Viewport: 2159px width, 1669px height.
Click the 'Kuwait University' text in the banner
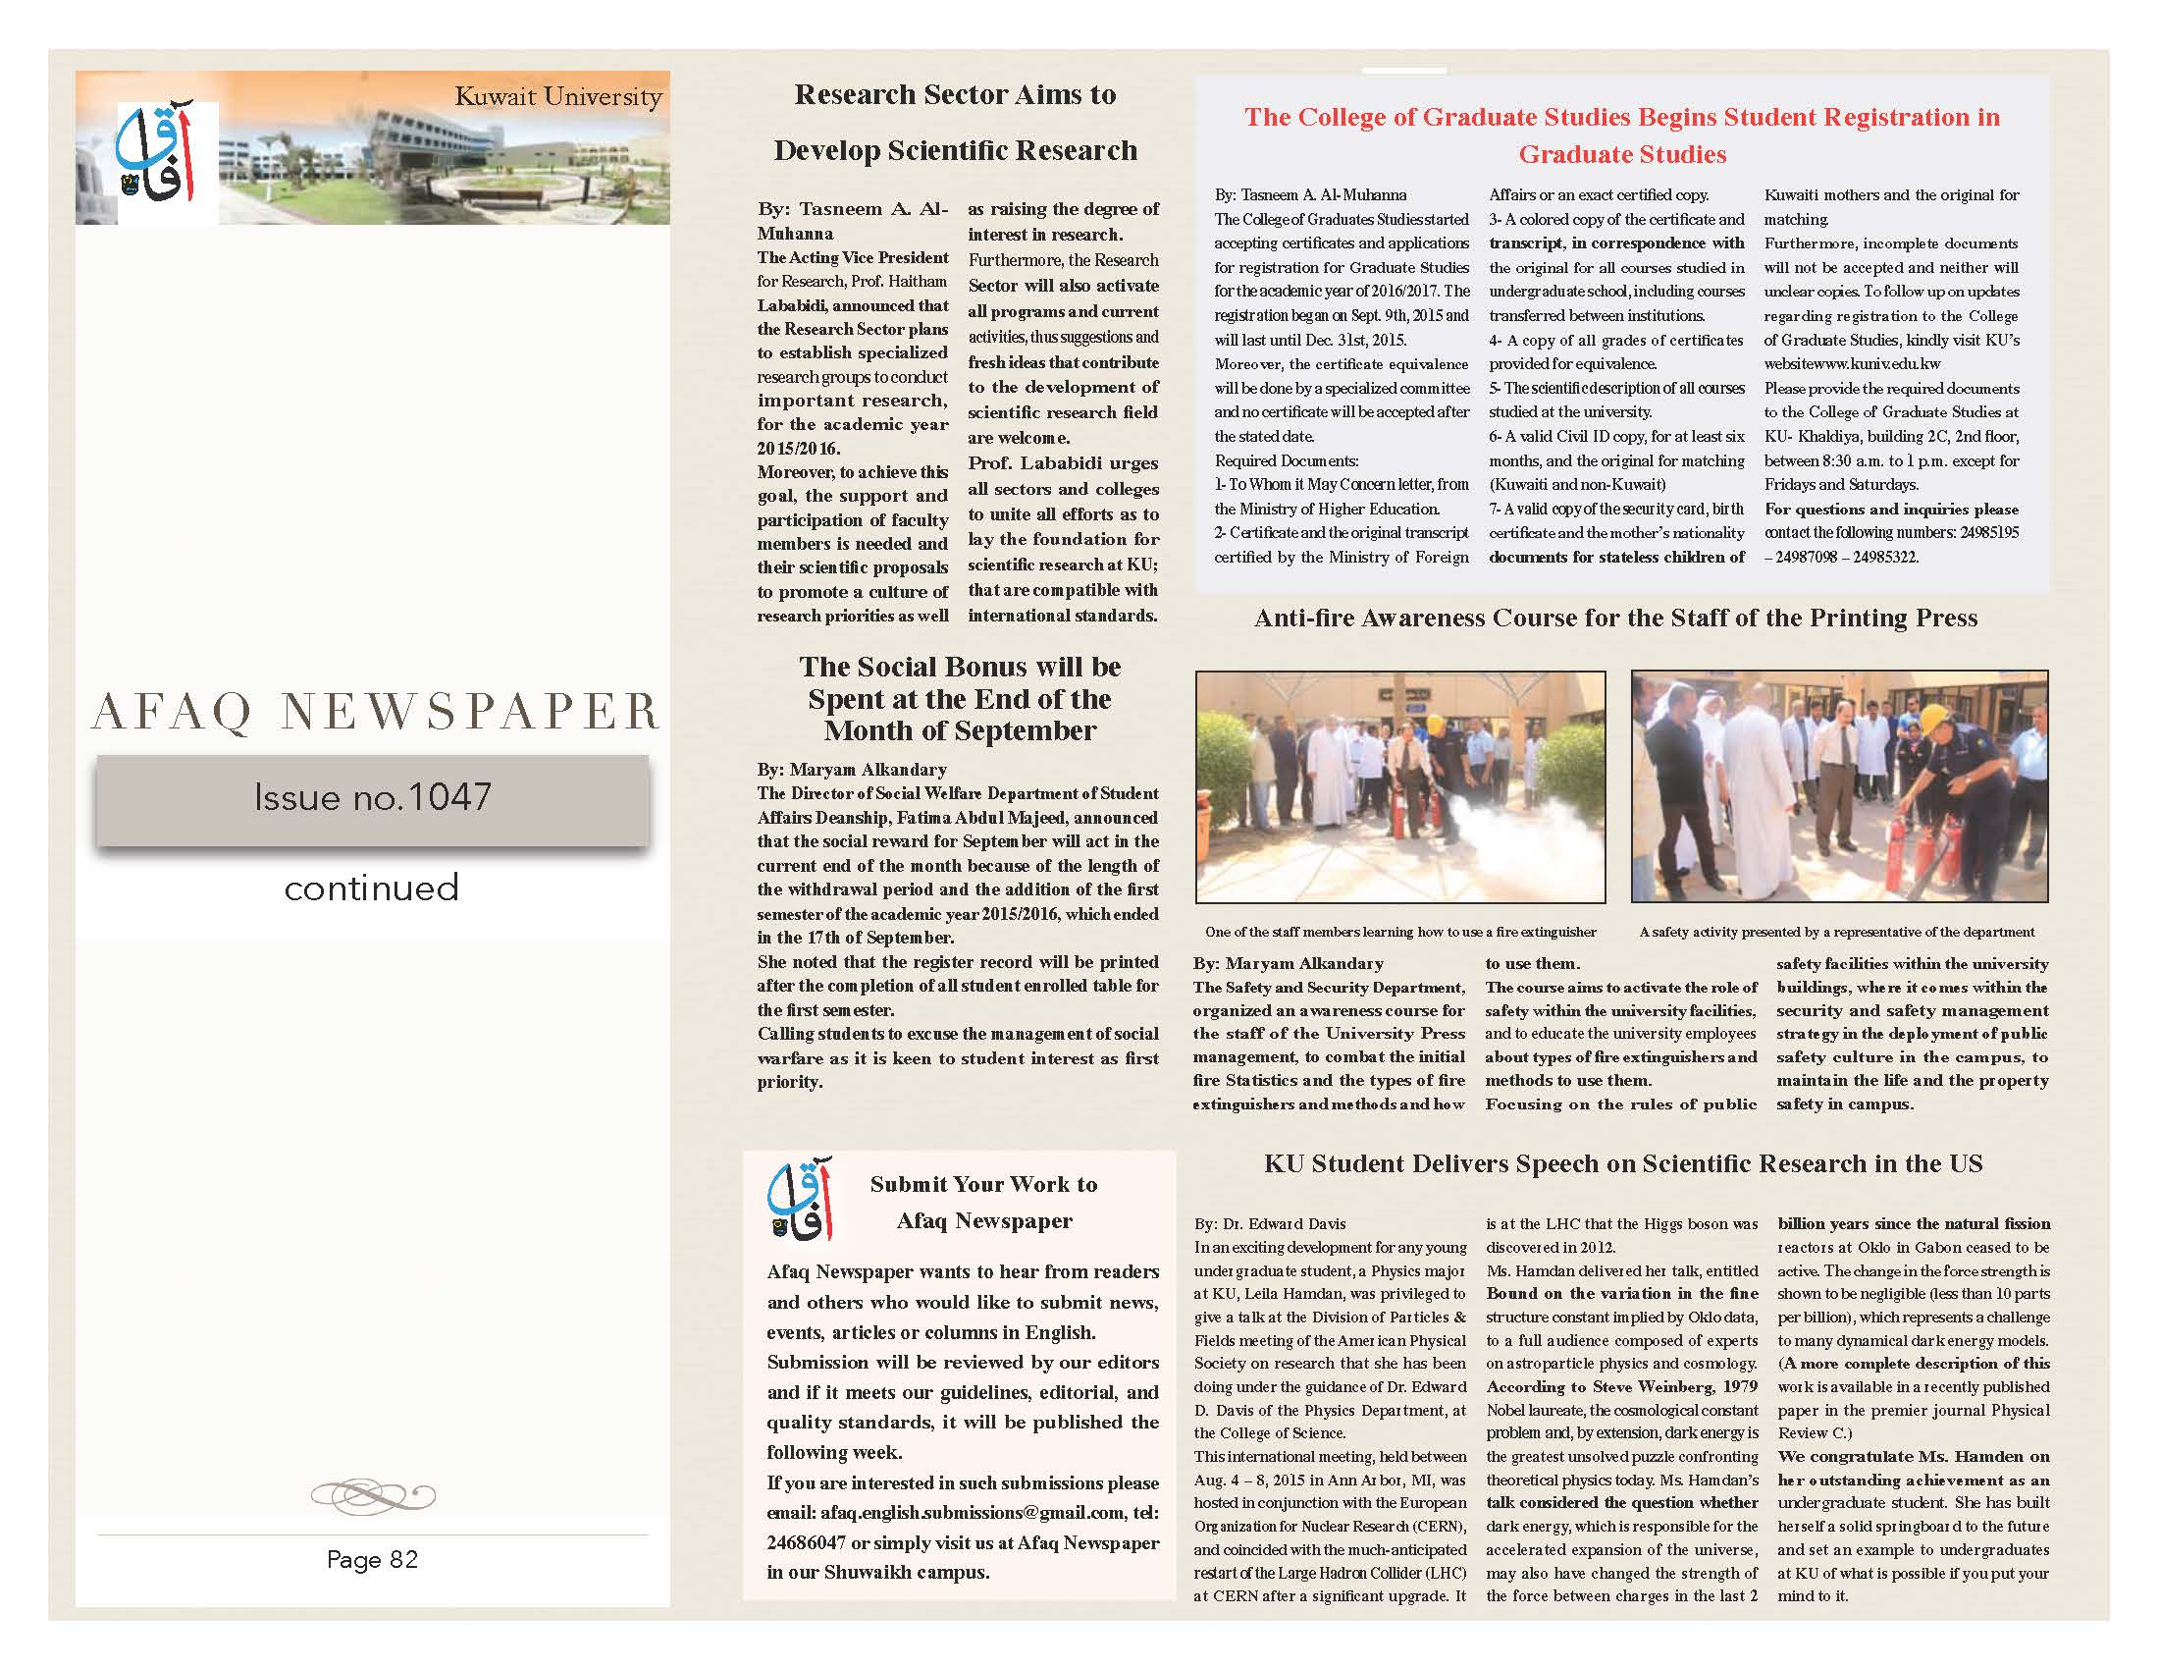click(557, 97)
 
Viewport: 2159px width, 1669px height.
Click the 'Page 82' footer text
click(373, 1559)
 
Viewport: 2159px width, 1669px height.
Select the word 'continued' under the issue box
click(372, 887)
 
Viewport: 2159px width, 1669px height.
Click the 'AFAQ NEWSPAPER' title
click(375, 712)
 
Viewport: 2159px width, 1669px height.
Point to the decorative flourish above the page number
click(373, 1494)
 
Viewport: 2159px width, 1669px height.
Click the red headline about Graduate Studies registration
click(1621, 135)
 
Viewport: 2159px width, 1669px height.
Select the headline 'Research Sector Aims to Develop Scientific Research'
click(955, 122)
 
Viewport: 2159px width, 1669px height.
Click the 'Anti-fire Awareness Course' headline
click(1615, 618)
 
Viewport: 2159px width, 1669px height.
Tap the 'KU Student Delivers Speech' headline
click(1623, 1163)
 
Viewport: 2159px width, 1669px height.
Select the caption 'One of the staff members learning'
click(1399, 932)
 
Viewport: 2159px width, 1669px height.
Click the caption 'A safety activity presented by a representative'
click(1837, 932)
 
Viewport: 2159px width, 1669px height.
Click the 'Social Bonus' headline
click(960, 699)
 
